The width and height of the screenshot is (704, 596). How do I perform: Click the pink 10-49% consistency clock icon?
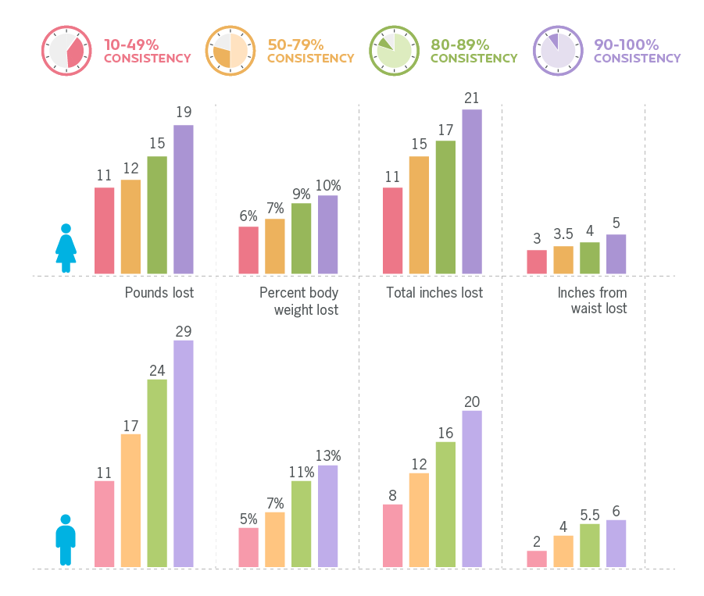click(x=67, y=52)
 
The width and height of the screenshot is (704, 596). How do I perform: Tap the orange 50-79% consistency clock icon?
click(x=230, y=52)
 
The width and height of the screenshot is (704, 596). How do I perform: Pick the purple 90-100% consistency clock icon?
click(x=558, y=52)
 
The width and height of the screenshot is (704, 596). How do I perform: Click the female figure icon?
click(x=66, y=248)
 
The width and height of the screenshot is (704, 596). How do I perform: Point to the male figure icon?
click(x=66, y=540)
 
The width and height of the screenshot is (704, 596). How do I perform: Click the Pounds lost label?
click(x=159, y=293)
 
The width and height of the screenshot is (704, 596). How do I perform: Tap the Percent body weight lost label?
click(x=299, y=301)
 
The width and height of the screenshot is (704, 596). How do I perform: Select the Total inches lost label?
click(x=434, y=293)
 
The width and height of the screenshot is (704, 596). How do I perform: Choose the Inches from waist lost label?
click(x=591, y=301)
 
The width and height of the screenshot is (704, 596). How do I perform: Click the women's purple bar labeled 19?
click(x=184, y=199)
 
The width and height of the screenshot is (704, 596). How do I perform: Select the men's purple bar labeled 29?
click(x=184, y=453)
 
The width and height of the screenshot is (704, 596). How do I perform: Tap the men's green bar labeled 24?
click(x=157, y=473)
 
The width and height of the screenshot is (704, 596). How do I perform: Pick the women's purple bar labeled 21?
click(x=472, y=191)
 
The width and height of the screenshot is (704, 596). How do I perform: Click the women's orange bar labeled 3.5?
click(x=563, y=260)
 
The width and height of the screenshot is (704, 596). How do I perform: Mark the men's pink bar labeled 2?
click(x=537, y=559)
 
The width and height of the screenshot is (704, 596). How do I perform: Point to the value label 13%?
click(x=328, y=455)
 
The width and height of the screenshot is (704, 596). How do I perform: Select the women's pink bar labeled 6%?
click(x=248, y=250)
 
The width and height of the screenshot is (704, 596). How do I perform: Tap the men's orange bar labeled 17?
click(x=130, y=500)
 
